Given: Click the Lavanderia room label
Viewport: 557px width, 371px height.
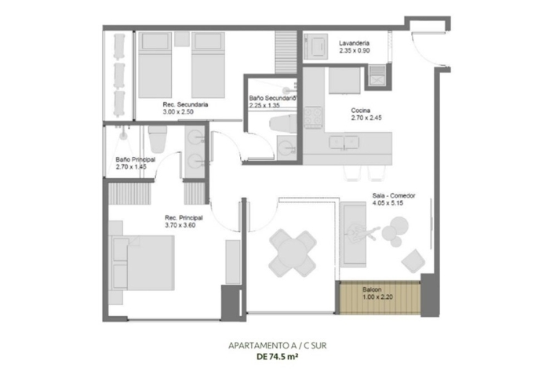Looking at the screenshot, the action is pyautogui.click(x=354, y=43).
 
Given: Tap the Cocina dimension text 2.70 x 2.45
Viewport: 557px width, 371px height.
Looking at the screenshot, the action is pyautogui.click(x=366, y=118).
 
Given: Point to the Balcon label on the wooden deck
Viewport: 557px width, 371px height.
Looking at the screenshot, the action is pyautogui.click(x=372, y=289).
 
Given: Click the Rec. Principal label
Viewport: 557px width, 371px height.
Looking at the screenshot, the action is pyautogui.click(x=184, y=217).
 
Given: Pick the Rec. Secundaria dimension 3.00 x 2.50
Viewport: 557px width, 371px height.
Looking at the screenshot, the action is pyautogui.click(x=178, y=112).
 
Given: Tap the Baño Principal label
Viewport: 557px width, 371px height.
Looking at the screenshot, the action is pyautogui.click(x=136, y=159).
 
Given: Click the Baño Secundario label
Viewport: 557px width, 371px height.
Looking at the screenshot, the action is pyautogui.click(x=272, y=98).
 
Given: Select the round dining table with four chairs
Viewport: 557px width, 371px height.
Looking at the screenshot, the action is pyautogui.click(x=293, y=253).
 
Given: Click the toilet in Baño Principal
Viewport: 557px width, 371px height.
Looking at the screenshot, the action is pyautogui.click(x=157, y=139).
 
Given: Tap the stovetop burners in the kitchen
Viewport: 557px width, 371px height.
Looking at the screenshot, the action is pyautogui.click(x=313, y=117).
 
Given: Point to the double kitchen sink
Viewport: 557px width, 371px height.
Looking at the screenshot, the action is pyautogui.click(x=344, y=142).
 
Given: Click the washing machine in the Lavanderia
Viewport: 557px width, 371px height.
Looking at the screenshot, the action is pyautogui.click(x=315, y=45).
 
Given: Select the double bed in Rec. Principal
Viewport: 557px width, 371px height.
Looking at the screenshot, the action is pyautogui.click(x=143, y=262).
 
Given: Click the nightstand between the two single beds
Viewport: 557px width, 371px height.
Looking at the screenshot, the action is pyautogui.click(x=181, y=38).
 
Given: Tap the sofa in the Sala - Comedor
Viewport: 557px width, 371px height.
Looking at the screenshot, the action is pyautogui.click(x=353, y=235).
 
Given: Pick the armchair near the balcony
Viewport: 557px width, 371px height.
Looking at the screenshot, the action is pyautogui.click(x=413, y=261).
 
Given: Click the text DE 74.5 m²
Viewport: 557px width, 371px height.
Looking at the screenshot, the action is pyautogui.click(x=278, y=357).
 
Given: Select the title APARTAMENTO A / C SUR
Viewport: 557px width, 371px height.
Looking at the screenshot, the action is pyautogui.click(x=278, y=345).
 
